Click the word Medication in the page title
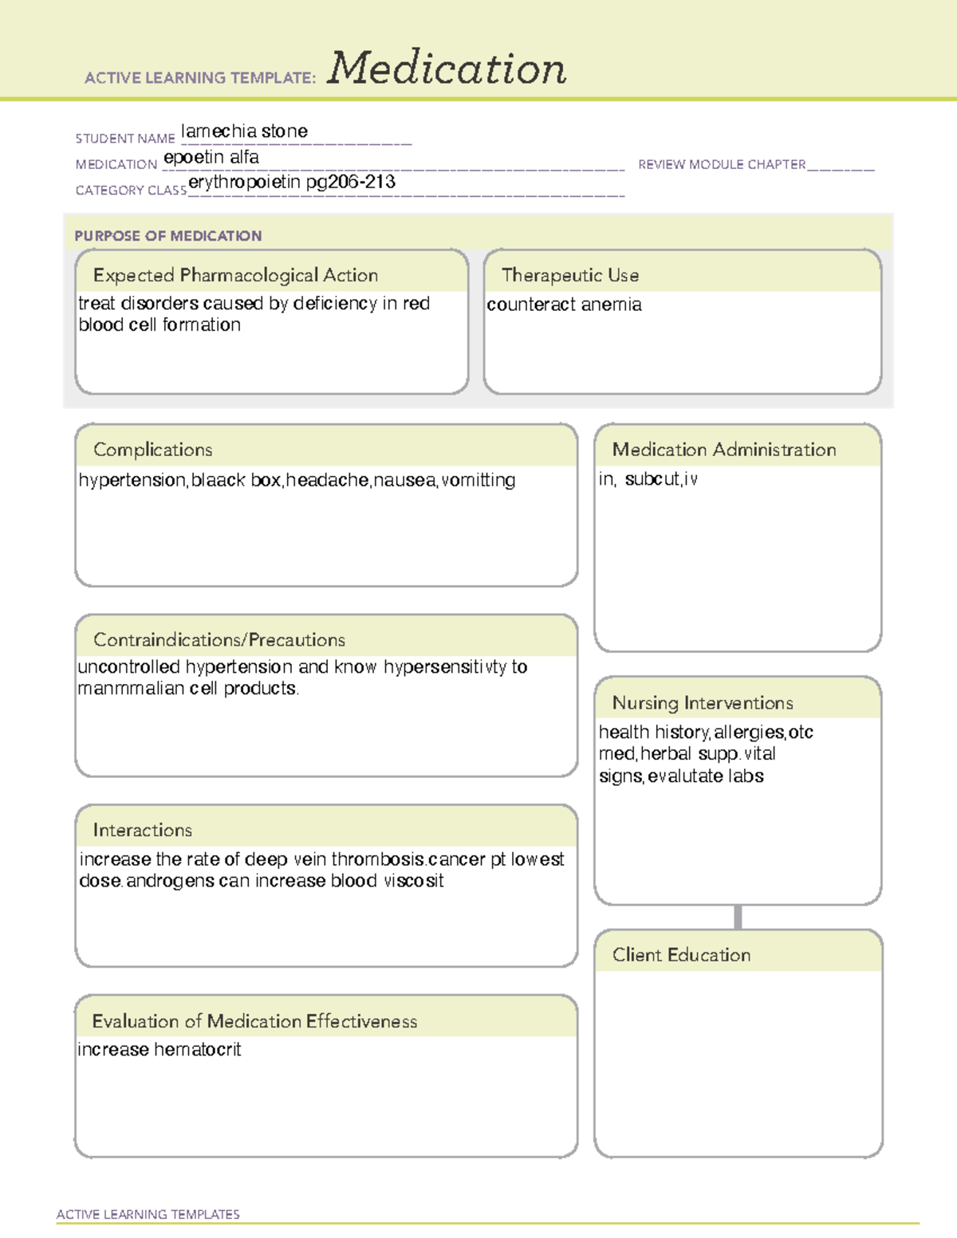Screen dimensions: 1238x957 click(447, 69)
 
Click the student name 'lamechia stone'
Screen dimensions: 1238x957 click(244, 132)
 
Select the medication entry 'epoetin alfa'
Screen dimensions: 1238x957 click(211, 158)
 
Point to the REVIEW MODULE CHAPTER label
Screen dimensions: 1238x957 click(722, 165)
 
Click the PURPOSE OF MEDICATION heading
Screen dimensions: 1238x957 click(168, 236)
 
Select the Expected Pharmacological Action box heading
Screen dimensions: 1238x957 click(235, 276)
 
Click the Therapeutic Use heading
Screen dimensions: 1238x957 click(570, 276)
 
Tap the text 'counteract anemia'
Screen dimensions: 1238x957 click(564, 305)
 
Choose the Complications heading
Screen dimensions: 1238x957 click(153, 450)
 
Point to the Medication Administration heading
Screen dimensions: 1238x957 click(724, 450)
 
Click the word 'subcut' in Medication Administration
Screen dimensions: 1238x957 click(652, 480)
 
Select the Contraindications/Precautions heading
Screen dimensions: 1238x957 click(219, 640)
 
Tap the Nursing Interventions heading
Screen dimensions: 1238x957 click(703, 703)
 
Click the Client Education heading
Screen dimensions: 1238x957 click(682, 956)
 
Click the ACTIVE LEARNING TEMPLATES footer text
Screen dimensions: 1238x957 click(148, 1214)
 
